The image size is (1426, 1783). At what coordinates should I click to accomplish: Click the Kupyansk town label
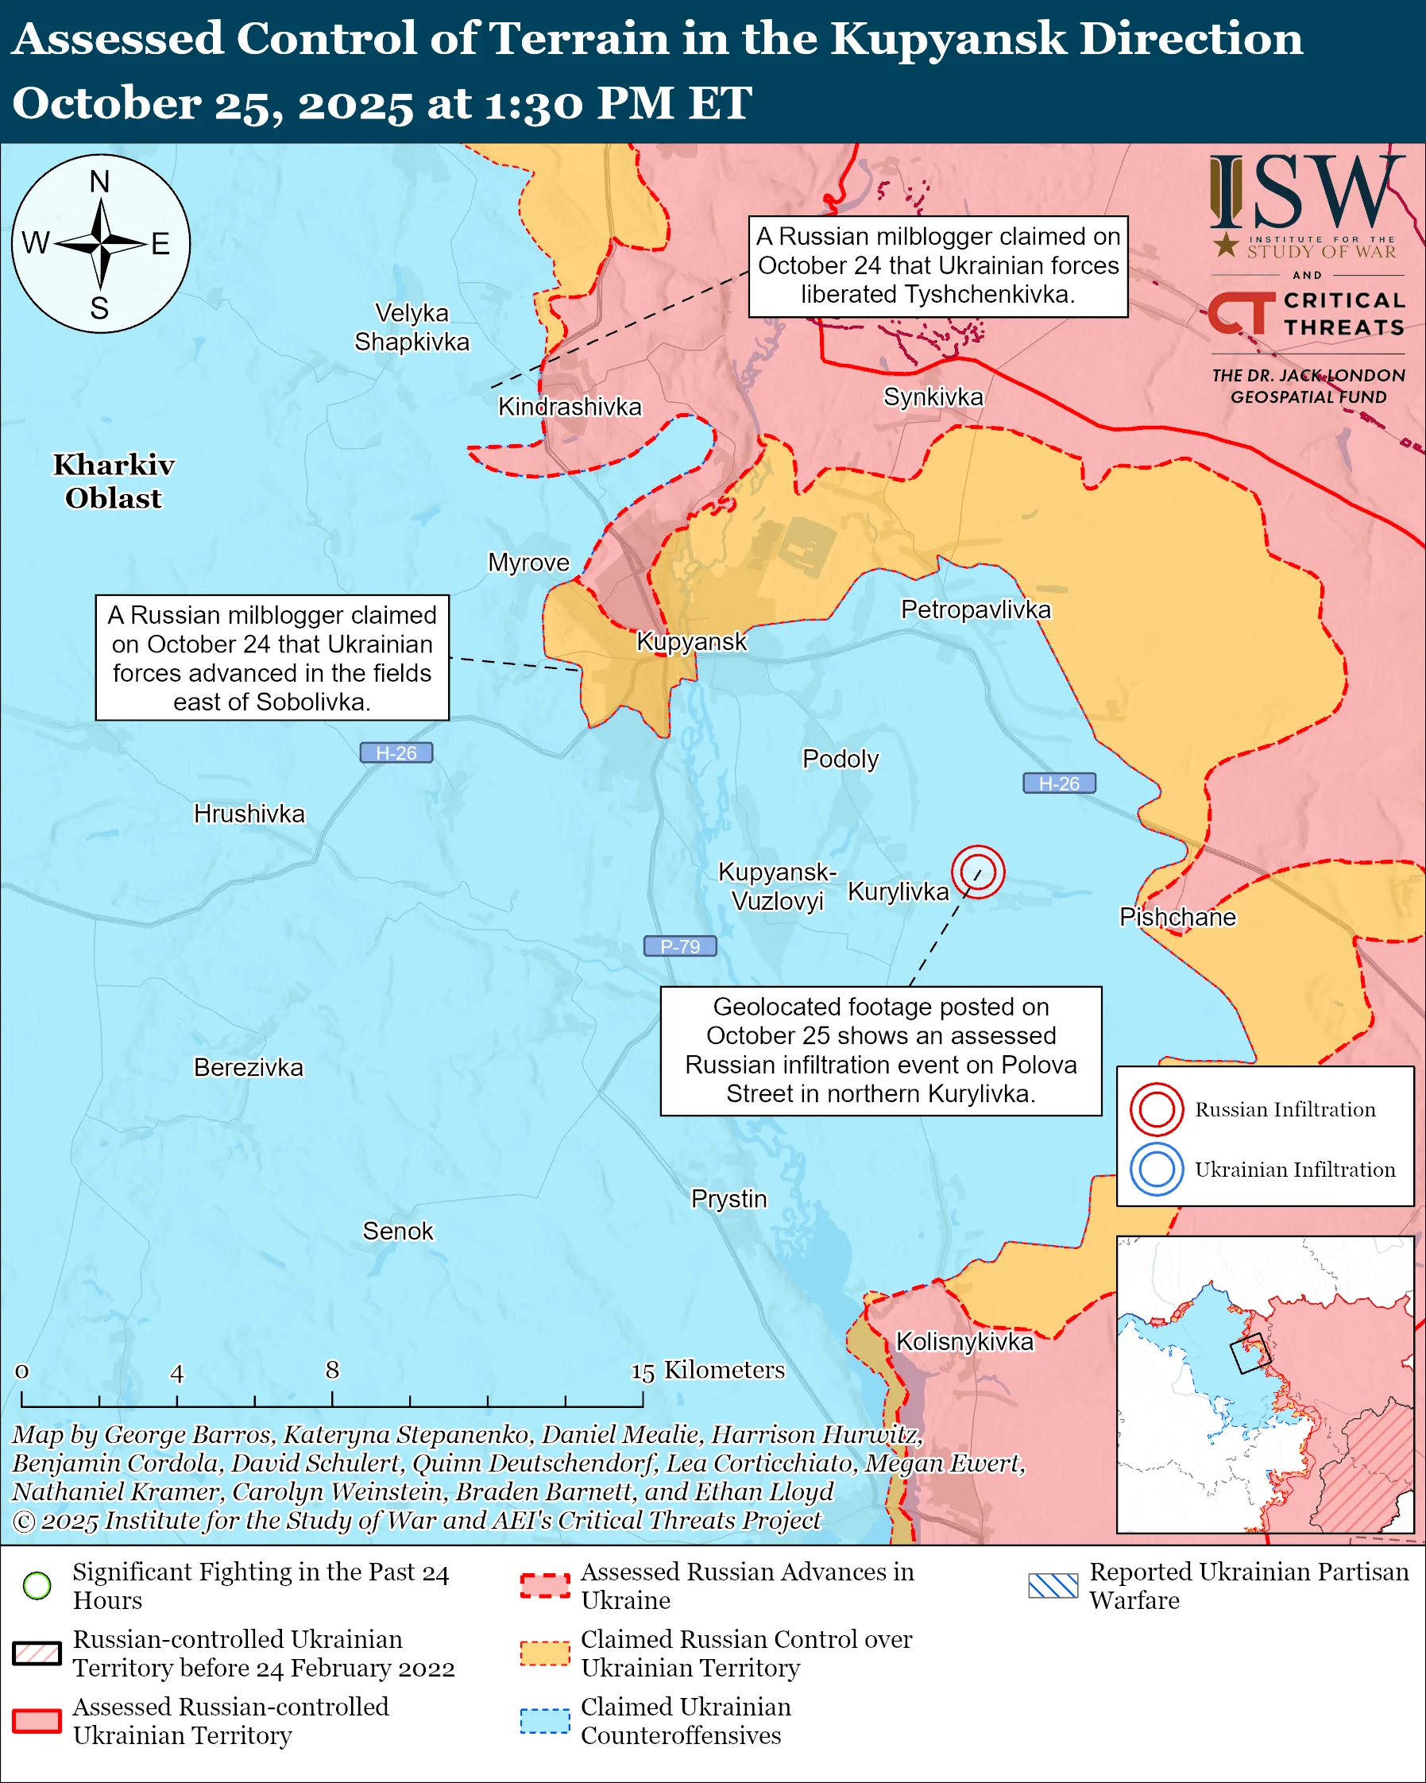691,641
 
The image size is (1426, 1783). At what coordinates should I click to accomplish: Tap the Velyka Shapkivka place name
412,327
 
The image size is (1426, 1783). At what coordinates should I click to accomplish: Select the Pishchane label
1177,917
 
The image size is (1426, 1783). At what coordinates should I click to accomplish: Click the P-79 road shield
679,946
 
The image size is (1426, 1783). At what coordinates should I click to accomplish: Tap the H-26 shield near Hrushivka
396,752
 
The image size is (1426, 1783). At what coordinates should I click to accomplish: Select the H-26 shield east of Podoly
1059,783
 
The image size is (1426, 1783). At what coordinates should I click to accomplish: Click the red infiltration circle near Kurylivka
977,872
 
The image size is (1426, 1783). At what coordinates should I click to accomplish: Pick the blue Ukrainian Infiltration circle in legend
1157,1170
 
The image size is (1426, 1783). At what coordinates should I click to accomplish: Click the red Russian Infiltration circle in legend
1157,1109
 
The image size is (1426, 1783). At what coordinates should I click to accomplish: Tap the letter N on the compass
99,181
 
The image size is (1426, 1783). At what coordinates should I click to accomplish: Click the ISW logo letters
1306,194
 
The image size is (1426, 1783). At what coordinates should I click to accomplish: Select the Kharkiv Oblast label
114,482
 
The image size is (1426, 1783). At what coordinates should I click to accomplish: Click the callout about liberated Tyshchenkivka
937,266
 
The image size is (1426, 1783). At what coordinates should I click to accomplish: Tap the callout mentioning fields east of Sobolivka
272,657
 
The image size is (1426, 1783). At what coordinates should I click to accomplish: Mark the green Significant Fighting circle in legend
37,1585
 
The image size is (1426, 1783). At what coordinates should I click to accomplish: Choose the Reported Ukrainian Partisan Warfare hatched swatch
1053,1585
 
